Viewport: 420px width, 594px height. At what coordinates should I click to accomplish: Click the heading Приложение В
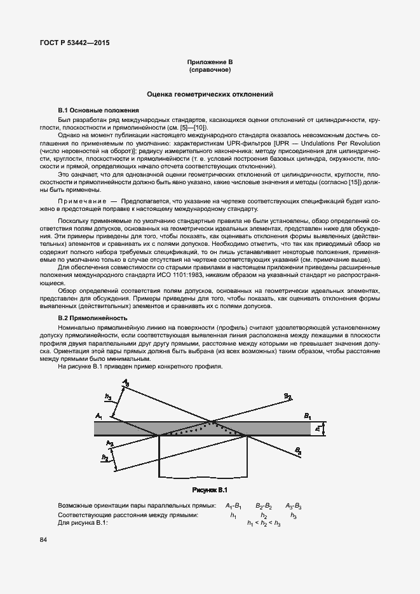click(210, 61)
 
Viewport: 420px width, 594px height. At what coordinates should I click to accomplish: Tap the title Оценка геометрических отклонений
click(210, 94)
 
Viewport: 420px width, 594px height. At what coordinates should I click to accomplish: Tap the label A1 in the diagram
click(99, 415)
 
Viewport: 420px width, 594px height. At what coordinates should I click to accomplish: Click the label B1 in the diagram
click(308, 416)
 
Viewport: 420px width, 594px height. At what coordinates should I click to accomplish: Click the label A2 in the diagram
click(109, 442)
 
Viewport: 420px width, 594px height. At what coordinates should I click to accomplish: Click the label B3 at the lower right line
click(297, 450)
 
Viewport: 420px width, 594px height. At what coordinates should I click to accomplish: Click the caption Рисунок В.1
click(210, 490)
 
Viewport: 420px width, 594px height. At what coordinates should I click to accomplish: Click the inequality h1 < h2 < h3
click(264, 522)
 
